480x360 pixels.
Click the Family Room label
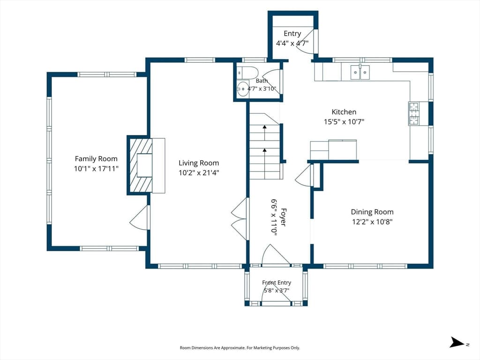tap(96, 158)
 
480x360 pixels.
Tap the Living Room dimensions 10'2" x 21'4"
tap(199, 172)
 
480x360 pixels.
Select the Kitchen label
tap(344, 112)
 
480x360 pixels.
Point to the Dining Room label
tap(372, 212)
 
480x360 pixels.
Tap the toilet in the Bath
tap(248, 73)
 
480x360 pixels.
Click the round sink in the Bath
tap(243, 89)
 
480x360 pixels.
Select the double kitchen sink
tap(360, 72)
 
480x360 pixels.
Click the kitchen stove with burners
tap(414, 113)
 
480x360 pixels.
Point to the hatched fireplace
tap(140, 165)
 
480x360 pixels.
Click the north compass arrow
tap(457, 342)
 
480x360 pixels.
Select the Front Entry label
tap(277, 283)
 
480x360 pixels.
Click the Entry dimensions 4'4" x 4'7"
tap(292, 43)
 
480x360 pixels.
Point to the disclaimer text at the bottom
tap(240, 348)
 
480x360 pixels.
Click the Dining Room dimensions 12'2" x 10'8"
tap(372, 222)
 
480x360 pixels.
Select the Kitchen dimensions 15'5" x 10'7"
tap(344, 122)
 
